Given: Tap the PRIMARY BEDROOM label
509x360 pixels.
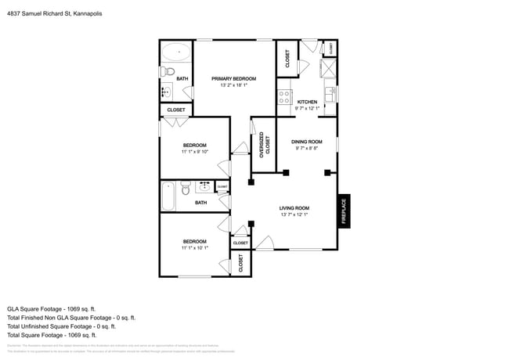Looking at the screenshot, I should coord(234,78).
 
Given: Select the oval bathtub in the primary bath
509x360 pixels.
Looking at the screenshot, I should coord(176,53).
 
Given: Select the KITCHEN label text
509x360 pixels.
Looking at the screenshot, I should coord(307,102).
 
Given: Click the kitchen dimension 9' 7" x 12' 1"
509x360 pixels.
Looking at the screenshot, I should coord(307,108).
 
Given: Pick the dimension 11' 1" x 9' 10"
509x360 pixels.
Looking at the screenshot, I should coord(194,152).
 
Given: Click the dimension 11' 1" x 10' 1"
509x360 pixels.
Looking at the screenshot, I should coord(194,247).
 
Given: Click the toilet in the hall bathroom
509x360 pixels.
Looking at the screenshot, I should coord(185,188).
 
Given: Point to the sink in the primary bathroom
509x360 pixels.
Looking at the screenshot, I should coord(167,92).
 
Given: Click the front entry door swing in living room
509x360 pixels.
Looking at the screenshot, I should coord(264,244).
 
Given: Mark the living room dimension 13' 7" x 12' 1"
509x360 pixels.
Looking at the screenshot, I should coord(294,214).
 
